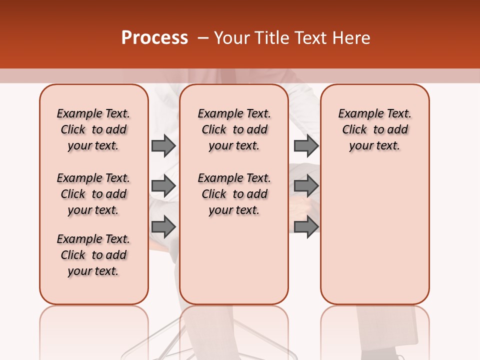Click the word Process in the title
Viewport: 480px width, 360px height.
click(154, 38)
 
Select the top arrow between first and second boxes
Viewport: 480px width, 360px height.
click(163, 145)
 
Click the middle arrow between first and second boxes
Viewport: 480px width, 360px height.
click(163, 186)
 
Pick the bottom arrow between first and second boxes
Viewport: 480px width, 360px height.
click(163, 227)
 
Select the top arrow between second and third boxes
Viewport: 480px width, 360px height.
click(306, 145)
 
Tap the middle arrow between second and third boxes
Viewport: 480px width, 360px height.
click(306, 186)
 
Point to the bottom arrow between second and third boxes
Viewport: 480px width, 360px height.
click(306, 227)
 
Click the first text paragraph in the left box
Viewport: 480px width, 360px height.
click(93, 129)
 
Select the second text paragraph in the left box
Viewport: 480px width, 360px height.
click(93, 194)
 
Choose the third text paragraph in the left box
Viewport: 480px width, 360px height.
click(93, 255)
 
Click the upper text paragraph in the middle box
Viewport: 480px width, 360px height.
click(234, 129)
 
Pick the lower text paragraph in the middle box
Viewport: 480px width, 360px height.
click(234, 194)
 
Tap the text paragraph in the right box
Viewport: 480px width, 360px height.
click(375, 129)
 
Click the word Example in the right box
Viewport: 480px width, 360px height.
click(357, 114)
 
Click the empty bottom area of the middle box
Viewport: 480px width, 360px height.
click(234, 265)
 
